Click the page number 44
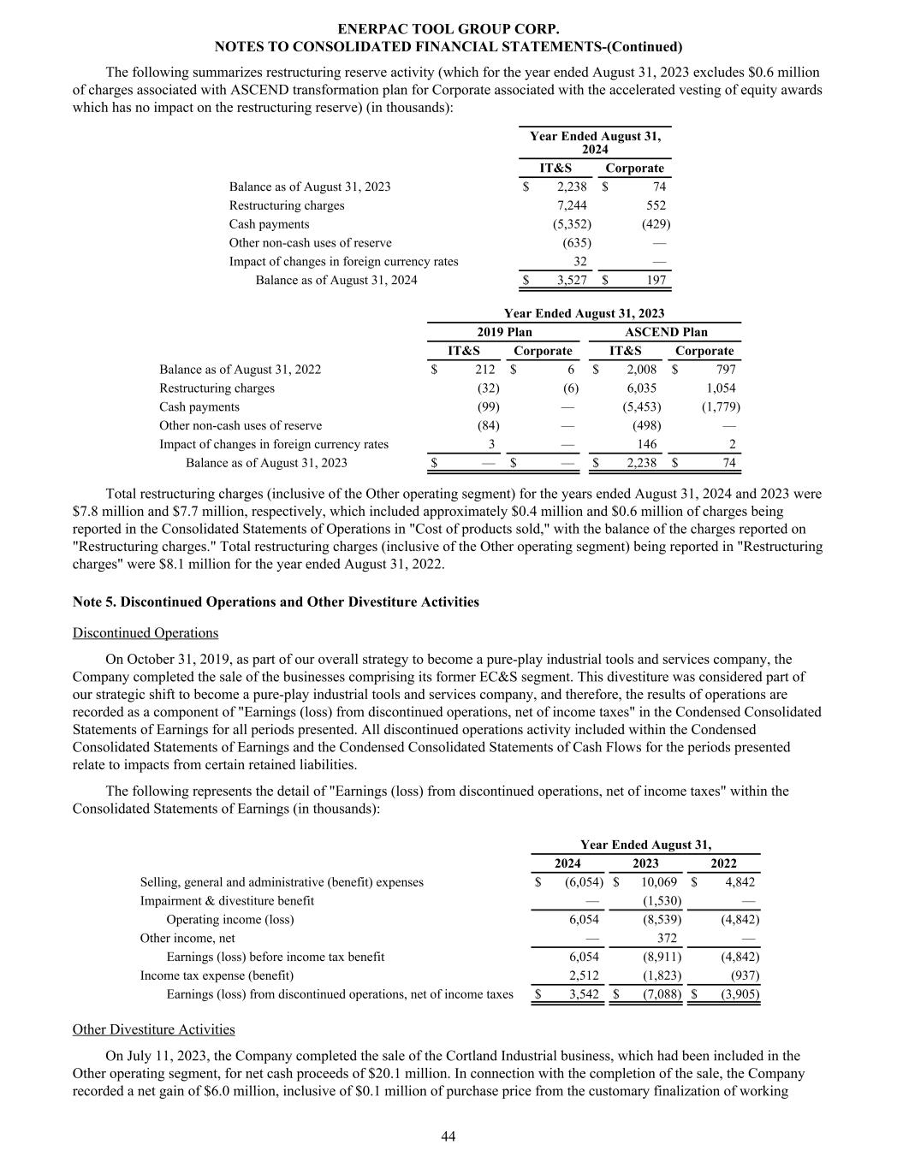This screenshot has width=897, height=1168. point(448,1135)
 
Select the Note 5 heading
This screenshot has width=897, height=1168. point(276,602)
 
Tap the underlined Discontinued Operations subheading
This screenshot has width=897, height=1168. point(146,632)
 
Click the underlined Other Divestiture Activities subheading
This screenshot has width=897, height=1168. point(154,1029)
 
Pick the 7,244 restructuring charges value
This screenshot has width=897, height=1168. point(572,205)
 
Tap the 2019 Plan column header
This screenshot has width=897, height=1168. point(504,332)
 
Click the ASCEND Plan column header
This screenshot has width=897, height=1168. point(666,332)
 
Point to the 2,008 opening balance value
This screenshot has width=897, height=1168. point(641,370)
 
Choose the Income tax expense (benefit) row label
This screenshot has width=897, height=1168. point(217,975)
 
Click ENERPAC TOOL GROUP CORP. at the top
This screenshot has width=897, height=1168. point(448,29)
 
